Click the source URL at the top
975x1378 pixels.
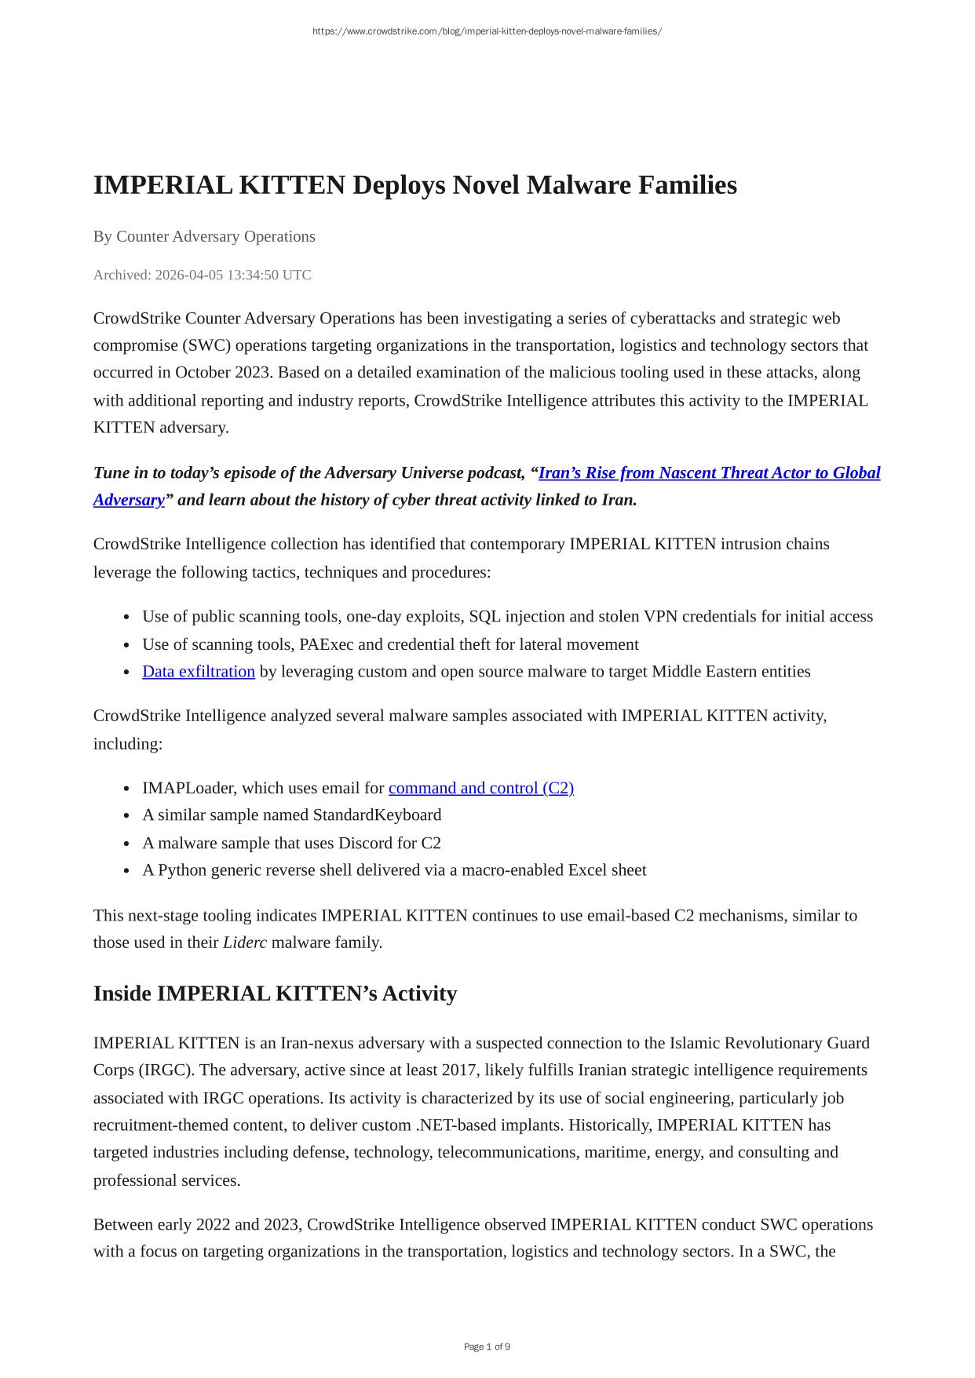coord(487,31)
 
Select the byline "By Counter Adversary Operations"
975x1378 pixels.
coord(204,236)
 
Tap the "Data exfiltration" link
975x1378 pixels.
coord(199,672)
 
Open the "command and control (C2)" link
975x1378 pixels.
coord(481,788)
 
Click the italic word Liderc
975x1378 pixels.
coord(245,942)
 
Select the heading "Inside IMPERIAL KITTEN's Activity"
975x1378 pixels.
coord(275,993)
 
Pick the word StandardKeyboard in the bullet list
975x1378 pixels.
coord(377,815)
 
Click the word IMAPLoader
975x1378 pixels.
coord(190,788)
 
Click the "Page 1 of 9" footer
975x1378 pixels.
coord(487,1347)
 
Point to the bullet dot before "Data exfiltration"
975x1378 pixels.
coord(126,673)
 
